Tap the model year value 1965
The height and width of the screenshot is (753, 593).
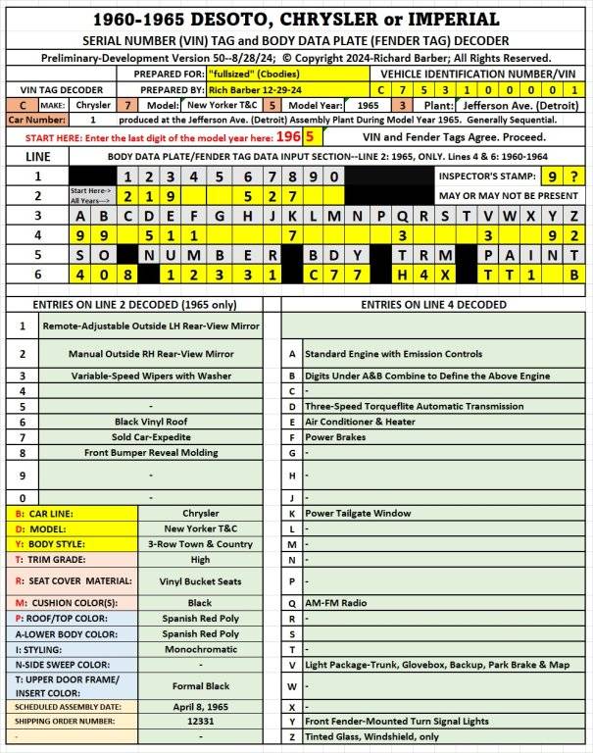pyautogui.click(x=367, y=104)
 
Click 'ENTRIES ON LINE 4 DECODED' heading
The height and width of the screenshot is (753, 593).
pyautogui.click(x=433, y=304)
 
